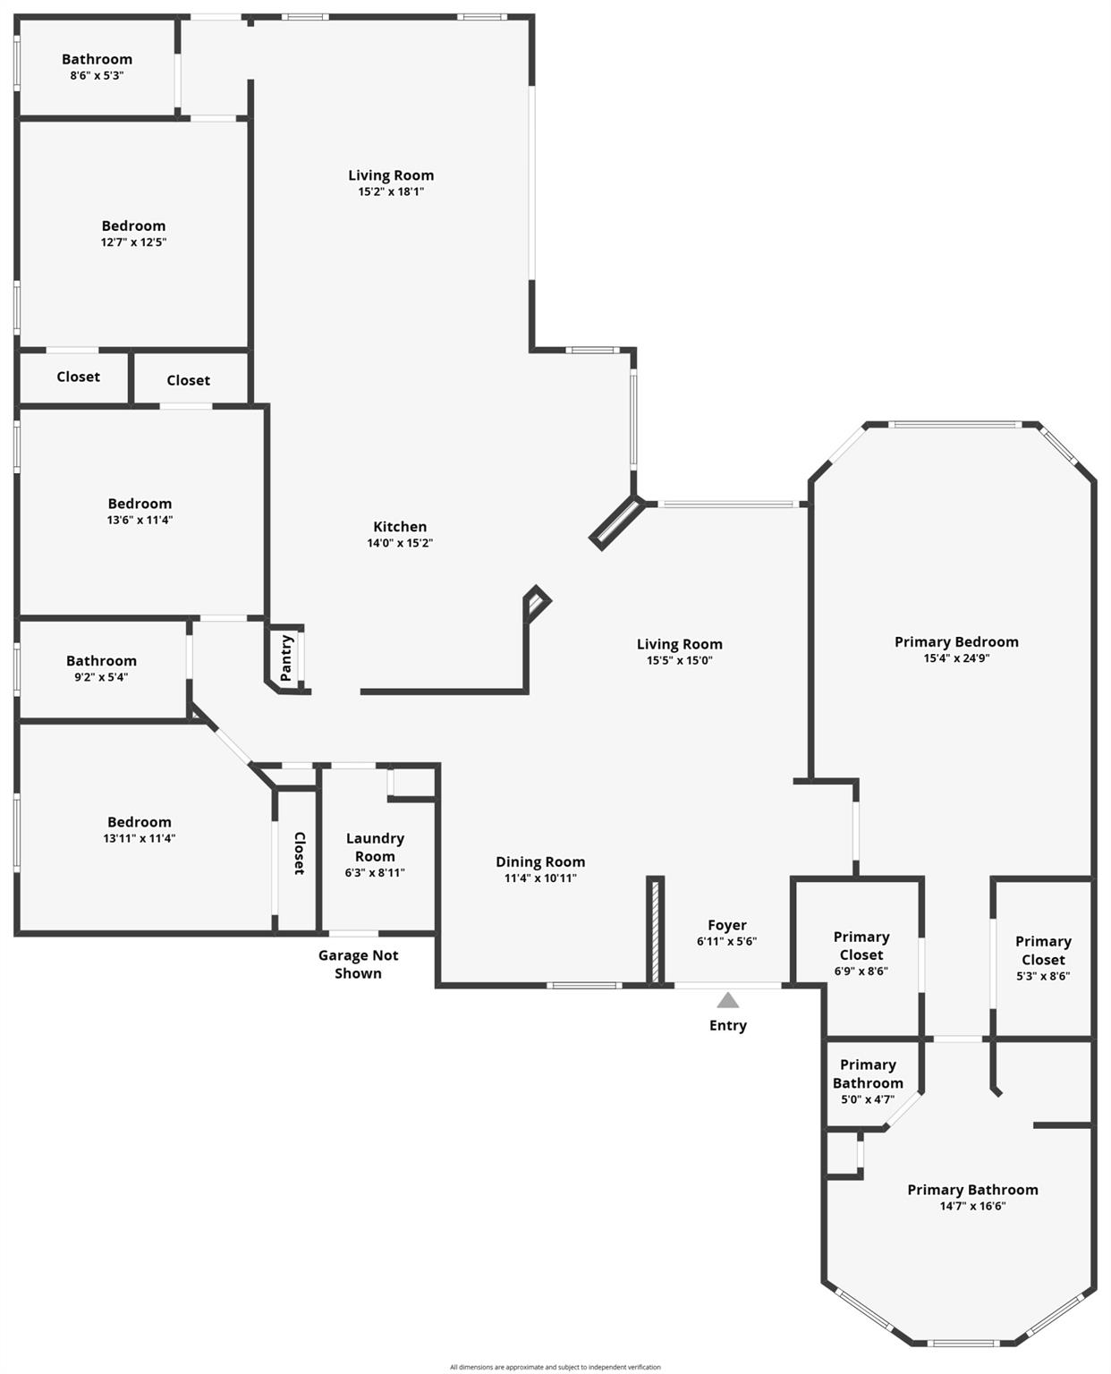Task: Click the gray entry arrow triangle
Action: coord(728,1000)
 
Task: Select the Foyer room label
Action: coord(726,926)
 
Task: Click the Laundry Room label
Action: coord(375,847)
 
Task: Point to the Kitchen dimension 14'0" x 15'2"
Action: coord(400,543)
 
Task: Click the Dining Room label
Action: coord(540,861)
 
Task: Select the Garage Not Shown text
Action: coord(358,964)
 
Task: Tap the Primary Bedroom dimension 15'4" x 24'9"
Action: coord(956,658)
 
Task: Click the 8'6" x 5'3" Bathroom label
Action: coord(97,60)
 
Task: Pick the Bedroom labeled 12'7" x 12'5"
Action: coord(133,226)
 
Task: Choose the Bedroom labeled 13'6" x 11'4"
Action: coord(140,504)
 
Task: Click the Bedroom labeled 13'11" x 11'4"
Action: coord(139,822)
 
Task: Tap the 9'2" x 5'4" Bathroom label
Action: coord(101,661)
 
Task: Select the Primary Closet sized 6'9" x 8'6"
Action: coord(861,946)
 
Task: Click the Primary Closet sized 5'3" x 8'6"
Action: coord(1042,950)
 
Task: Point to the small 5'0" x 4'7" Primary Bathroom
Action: coord(867,1073)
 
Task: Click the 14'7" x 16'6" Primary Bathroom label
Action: coord(972,1190)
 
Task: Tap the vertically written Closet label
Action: coord(299,853)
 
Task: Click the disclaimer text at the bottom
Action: coord(555,1367)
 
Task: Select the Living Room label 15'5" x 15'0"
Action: coord(679,644)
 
